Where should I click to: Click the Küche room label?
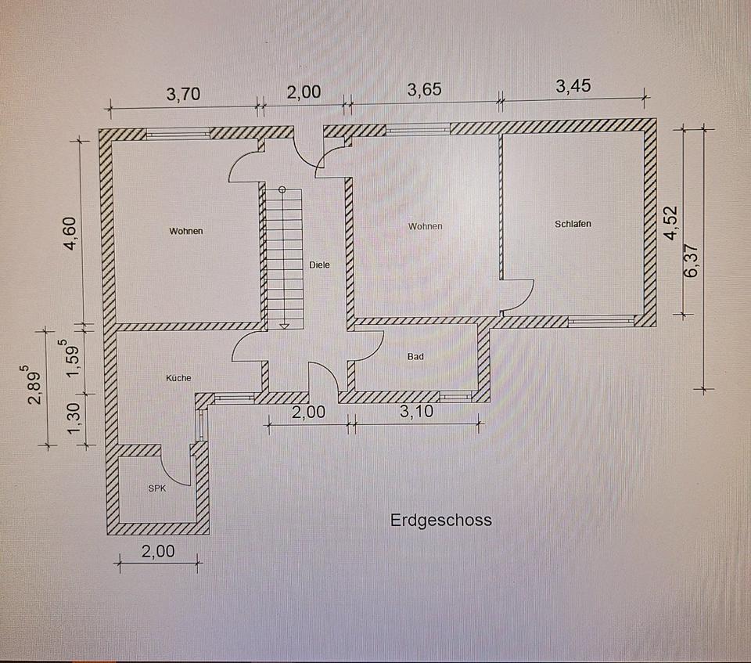[178, 378]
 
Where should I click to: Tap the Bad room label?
[415, 357]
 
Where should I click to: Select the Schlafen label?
[573, 224]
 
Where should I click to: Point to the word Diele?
[319, 265]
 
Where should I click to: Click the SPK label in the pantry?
[157, 488]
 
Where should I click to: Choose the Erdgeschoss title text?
[441, 520]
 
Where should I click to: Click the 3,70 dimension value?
[184, 94]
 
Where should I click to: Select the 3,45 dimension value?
[573, 87]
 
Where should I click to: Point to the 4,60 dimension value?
[71, 232]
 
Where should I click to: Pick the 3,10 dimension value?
[417, 412]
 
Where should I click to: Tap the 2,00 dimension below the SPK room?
[158, 551]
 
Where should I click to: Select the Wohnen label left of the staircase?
[186, 231]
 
